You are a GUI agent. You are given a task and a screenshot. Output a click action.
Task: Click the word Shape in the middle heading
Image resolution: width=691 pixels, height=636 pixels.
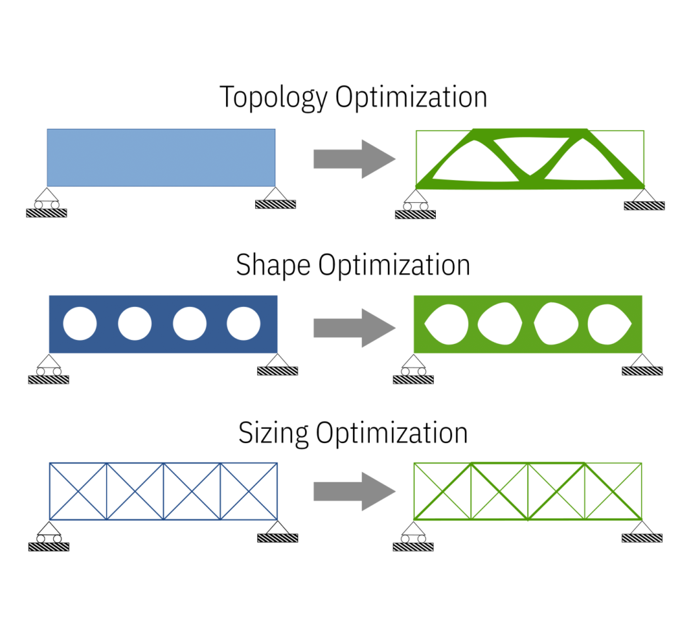point(273,265)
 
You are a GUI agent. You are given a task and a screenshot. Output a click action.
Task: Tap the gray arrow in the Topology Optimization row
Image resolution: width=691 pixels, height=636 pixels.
point(354,159)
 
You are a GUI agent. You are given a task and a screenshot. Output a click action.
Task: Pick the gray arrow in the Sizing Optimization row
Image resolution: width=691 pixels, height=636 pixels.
point(354,492)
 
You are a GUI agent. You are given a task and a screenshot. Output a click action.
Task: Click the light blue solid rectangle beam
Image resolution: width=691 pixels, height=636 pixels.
point(161,157)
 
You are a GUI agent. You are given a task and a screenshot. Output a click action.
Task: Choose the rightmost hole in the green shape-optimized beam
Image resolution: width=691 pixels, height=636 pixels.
point(609,324)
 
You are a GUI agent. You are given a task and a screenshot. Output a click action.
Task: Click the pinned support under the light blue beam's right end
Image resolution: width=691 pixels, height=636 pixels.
point(275,197)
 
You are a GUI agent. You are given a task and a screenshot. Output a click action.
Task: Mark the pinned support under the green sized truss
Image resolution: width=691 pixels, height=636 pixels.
point(642,530)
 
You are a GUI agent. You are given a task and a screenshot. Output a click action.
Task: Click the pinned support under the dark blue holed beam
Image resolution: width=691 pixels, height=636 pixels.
point(277,363)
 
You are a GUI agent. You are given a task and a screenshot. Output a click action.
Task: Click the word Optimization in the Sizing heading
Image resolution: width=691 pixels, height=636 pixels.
point(392,433)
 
